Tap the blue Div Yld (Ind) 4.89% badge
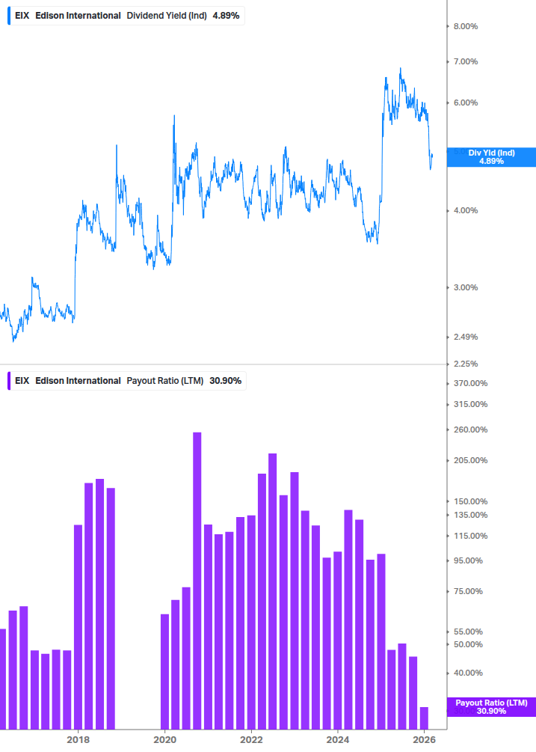(x=491, y=156)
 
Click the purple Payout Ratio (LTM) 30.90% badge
(x=491, y=706)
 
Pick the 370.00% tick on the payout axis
(x=471, y=383)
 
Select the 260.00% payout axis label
(x=471, y=430)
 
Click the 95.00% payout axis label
(x=469, y=560)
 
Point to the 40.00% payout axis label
(x=469, y=673)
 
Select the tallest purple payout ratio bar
(x=197, y=580)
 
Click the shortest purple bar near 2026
(x=424, y=717)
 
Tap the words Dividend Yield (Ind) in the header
(x=166, y=16)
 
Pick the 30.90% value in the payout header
(x=225, y=381)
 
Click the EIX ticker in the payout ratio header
(x=22, y=381)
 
